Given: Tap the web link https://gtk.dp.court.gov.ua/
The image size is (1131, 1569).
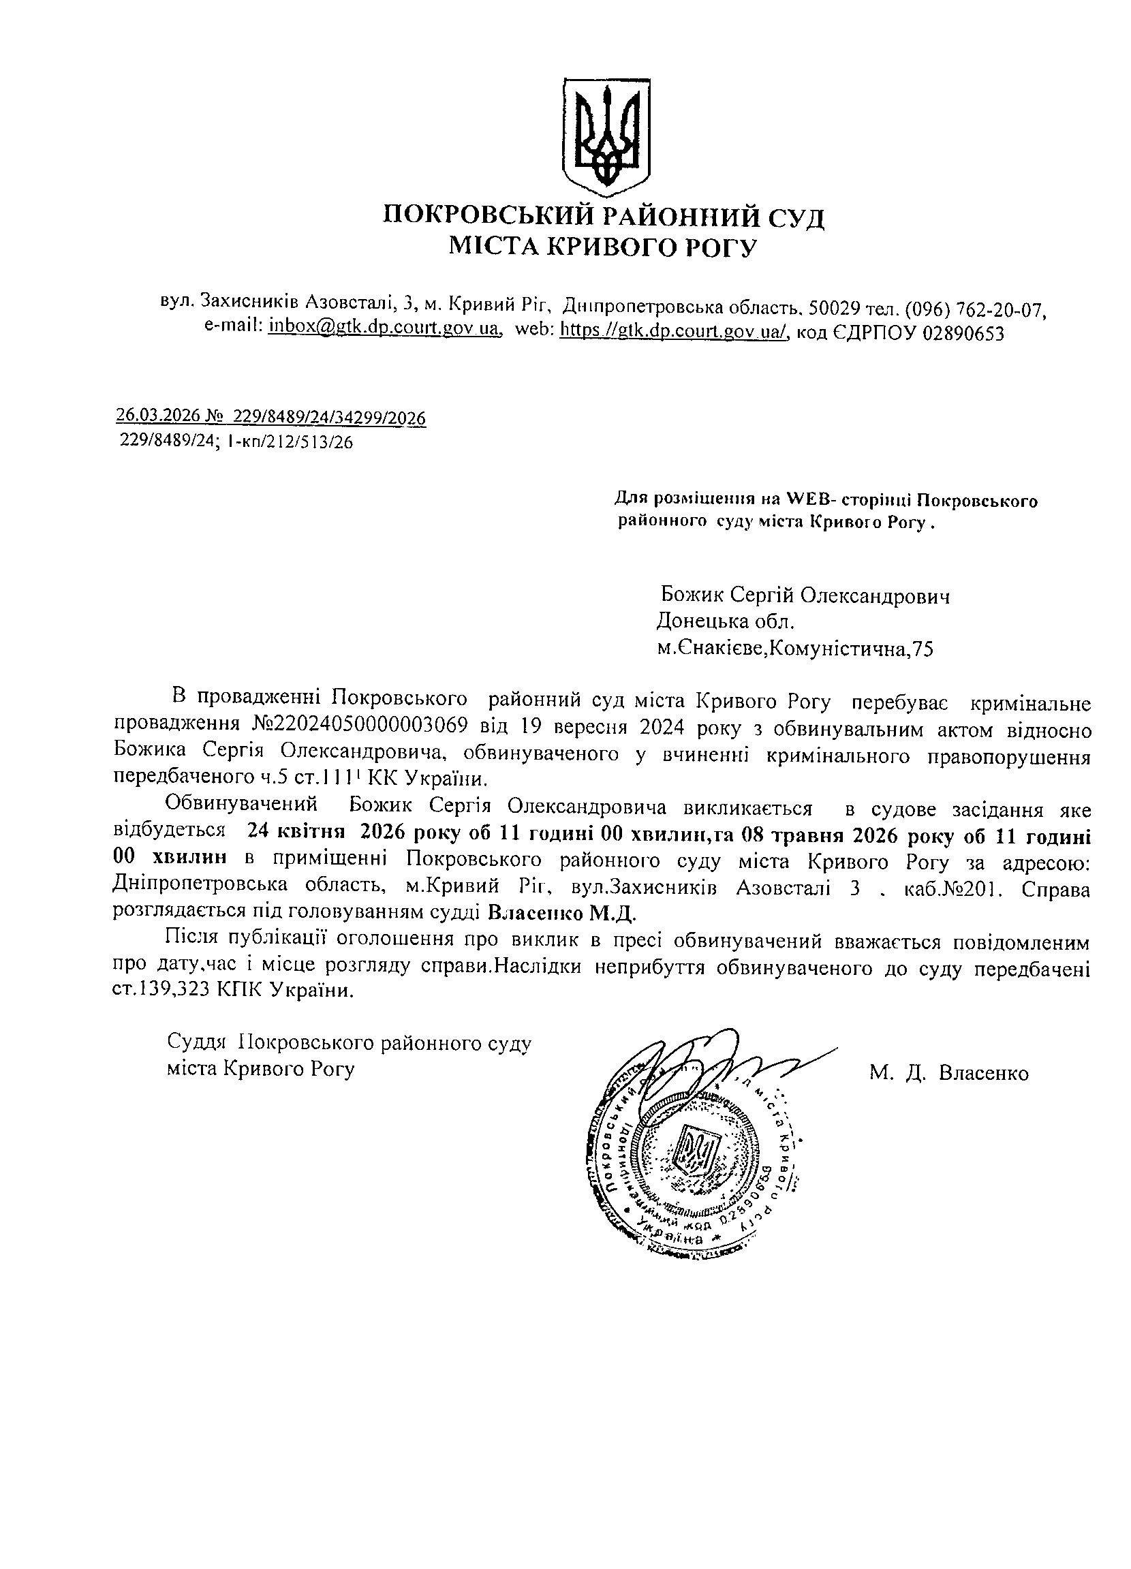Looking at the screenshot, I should coord(674,332).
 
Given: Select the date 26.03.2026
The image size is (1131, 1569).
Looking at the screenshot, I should coord(157,416).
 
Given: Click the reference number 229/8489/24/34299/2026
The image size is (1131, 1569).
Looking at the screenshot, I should coord(330,417).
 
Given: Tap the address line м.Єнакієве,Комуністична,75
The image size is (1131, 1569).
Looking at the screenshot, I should coord(795,648).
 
